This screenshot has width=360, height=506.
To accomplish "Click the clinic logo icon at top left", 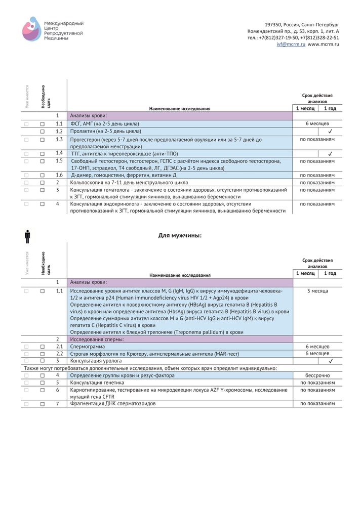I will pyautogui.click(x=31, y=29).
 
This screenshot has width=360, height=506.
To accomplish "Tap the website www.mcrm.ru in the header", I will pyautogui.click(x=324, y=45).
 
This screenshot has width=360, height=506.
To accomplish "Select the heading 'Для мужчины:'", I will pyautogui.click(x=180, y=235).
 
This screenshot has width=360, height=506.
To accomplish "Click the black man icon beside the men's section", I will pyautogui.click(x=27, y=236).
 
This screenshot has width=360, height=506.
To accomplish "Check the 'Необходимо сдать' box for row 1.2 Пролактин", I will pyautogui.click(x=43, y=131).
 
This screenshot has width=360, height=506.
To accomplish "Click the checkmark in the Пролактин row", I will pyautogui.click(x=330, y=131).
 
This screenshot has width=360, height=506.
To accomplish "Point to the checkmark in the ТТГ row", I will pyautogui.click(x=330, y=153).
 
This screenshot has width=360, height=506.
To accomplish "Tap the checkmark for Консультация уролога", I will pyautogui.click(x=330, y=361).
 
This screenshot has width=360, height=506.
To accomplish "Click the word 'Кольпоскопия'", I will pyautogui.click(x=88, y=182).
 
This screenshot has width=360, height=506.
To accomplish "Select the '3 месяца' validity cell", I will pyautogui.click(x=317, y=291).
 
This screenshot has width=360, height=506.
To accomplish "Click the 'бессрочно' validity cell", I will pyautogui.click(x=317, y=375).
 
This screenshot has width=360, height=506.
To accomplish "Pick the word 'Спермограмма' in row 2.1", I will pyautogui.click(x=88, y=347).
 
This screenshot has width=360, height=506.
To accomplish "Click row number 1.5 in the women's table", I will pyautogui.click(x=59, y=161).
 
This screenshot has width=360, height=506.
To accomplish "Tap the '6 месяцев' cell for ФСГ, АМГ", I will pyautogui.click(x=317, y=123).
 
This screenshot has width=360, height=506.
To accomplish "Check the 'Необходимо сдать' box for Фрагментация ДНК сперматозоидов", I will pyautogui.click(x=43, y=404).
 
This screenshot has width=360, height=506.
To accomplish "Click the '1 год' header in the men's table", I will pyautogui.click(x=330, y=273).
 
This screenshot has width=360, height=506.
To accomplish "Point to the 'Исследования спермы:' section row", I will pyautogui.click(x=96, y=339).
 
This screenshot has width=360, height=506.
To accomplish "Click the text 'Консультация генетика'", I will pyautogui.click(x=97, y=383).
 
